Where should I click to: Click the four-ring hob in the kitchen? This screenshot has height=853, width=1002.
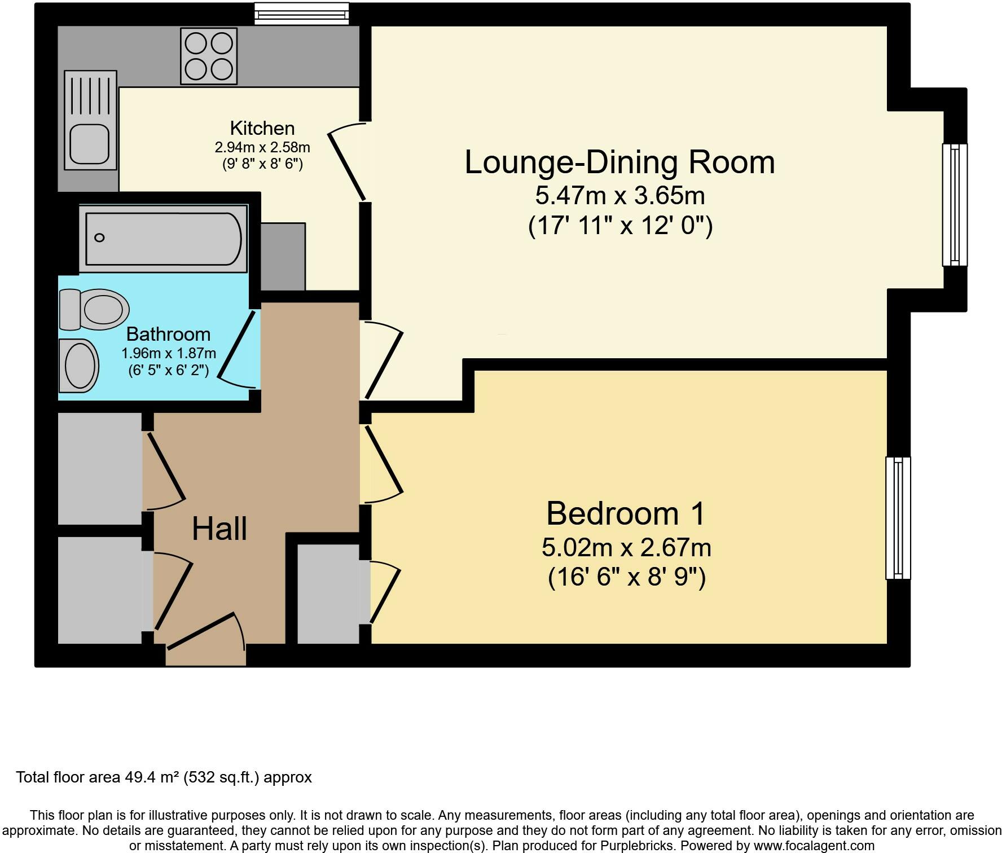coord(209,56)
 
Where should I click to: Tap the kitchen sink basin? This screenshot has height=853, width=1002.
coord(89,143)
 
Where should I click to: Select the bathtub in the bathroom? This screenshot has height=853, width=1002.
coord(163,239)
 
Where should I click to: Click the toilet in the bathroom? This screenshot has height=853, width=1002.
coord(94,309)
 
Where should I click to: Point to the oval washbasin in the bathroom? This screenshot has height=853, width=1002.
coord(80,366)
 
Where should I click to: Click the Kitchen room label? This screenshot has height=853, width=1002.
coord(262,128)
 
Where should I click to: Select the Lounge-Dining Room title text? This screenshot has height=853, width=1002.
coord(619,162)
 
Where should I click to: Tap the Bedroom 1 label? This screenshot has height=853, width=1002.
coord(626,513)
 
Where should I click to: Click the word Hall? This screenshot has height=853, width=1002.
coord(219,529)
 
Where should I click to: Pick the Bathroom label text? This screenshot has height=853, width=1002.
coord(168,334)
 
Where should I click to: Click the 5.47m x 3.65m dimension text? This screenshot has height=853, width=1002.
coord(620,196)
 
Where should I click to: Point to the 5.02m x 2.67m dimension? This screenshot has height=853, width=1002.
coord(626,547)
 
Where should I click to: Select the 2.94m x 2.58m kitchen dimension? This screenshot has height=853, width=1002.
coord(262,148)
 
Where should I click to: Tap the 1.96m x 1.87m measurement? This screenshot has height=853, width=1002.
coord(169,354)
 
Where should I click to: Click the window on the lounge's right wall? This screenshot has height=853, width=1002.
coord(955,205)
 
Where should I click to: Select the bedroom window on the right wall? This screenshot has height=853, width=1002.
coord(898,518)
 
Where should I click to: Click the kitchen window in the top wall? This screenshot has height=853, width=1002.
coord(301,14)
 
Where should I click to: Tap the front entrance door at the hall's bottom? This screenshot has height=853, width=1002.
coord(206,640)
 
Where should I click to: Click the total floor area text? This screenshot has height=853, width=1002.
coord(164,777)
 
